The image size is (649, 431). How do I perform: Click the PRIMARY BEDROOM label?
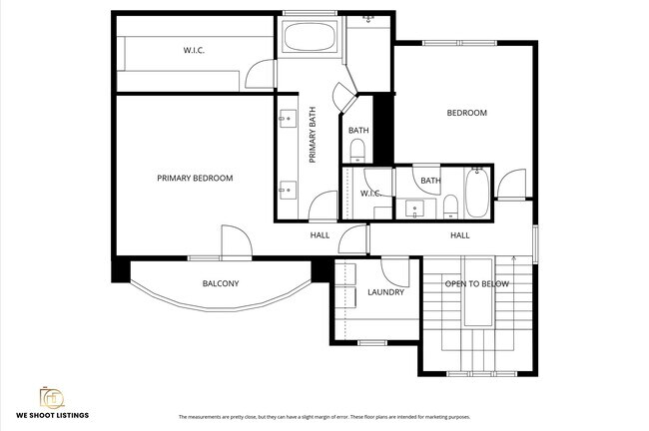tap(195, 179)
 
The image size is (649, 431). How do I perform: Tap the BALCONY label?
tap(221, 283)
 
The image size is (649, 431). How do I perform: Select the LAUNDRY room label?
tap(385, 292)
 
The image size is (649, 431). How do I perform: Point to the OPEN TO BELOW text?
tap(476, 284)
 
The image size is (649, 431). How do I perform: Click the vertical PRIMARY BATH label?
tap(313, 136)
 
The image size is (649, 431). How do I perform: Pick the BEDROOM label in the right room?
tap(466, 113)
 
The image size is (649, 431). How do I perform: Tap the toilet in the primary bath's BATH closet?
tap(359, 151)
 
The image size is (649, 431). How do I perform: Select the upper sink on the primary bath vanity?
tap(287, 119)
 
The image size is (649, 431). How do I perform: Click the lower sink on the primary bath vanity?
tap(287, 187)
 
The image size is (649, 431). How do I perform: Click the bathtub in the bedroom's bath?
tap(476, 194)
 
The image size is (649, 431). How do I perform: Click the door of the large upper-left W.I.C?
tap(259, 75)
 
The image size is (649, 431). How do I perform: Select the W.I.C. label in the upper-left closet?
tap(195, 50)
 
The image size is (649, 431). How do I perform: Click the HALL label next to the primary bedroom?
tap(320, 235)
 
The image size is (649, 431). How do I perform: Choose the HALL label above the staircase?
tap(459, 235)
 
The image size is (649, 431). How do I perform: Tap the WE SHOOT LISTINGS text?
tap(52, 415)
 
